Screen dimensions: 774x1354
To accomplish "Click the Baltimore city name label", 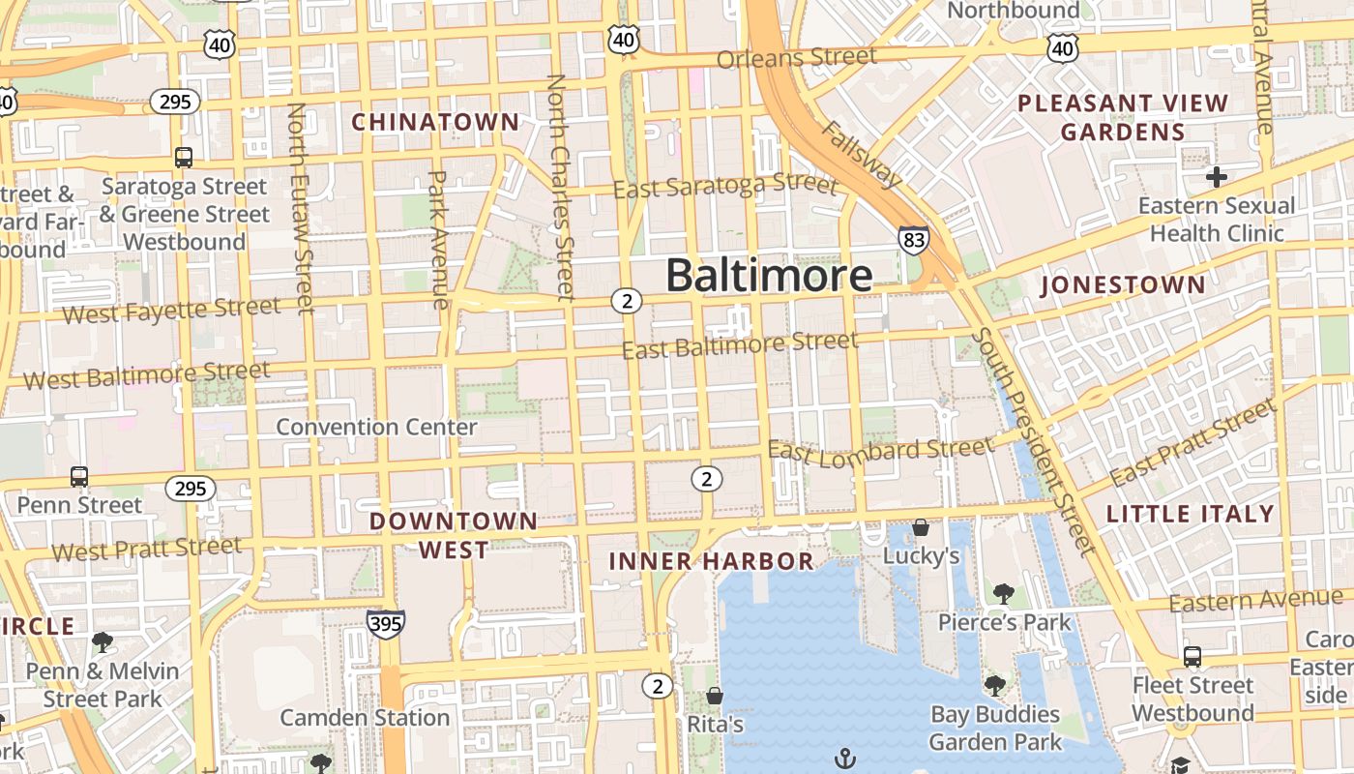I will point(769,276).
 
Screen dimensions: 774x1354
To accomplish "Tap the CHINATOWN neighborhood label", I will point(435,122).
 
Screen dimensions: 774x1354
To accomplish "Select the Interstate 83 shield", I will point(913,239).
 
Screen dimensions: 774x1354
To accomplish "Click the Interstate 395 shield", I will point(385,624).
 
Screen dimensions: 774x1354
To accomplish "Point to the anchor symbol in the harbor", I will point(846,758).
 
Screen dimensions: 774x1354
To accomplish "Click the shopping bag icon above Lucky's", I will point(921,527).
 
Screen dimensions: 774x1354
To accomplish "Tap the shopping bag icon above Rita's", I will point(715,696).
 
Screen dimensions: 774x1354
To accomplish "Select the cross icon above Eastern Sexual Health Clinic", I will point(1217,177).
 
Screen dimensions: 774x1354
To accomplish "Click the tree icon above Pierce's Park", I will point(1004,593).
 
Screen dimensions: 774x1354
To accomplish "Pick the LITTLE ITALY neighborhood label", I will point(1191,514).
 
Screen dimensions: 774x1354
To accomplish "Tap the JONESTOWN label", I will point(1123,285).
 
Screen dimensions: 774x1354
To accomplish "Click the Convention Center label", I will point(376,427).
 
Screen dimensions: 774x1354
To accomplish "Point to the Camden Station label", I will point(365,718).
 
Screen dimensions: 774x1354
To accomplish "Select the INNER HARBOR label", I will point(711,561).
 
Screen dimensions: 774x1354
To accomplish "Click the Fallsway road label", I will point(862,155).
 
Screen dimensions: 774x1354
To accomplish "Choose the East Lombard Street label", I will point(880,450).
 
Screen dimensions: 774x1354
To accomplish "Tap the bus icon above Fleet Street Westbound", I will point(1192,657).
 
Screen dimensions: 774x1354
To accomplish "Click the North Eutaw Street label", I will point(301,208).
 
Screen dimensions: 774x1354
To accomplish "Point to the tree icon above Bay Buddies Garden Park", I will point(994,686).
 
